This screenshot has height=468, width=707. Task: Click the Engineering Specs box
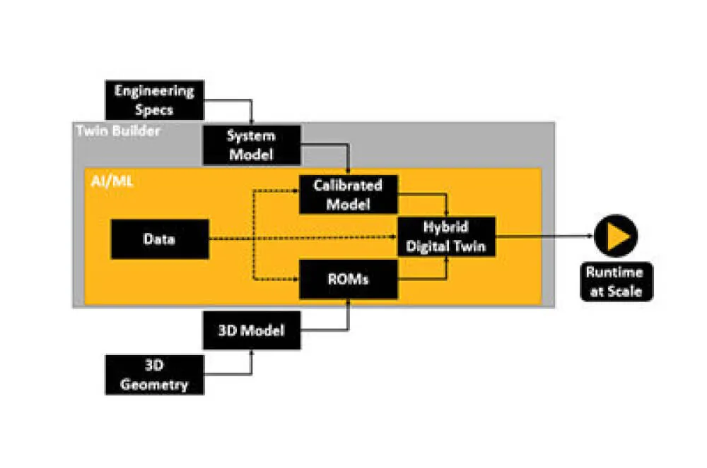click(x=154, y=100)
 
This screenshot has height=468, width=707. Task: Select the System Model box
click(x=250, y=145)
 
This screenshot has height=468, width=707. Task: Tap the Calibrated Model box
click(x=348, y=194)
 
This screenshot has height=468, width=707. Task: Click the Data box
click(x=159, y=239)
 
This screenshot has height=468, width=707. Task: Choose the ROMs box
click(x=348, y=278)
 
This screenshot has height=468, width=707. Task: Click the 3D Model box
click(x=251, y=329)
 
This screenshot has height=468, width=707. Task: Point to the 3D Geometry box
click(x=154, y=375)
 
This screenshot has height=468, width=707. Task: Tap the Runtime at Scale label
click(x=614, y=282)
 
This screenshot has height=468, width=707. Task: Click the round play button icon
click(x=615, y=236)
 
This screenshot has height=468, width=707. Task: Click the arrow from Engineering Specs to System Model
click(x=233, y=101)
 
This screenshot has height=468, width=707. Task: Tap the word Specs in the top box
click(x=154, y=110)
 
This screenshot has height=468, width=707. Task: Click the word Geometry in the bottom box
click(x=154, y=385)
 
